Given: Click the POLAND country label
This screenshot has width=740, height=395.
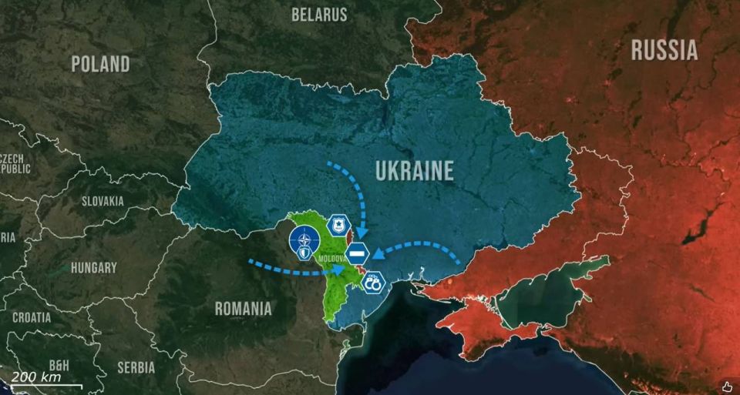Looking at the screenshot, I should coord(101,64).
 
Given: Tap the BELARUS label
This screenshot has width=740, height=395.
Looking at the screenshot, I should coord(319,15).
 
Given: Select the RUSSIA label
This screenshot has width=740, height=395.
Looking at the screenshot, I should coord(664,51).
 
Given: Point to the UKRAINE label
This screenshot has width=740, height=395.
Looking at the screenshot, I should coord(415,171).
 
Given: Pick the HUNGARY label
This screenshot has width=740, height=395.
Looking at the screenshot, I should coord(93,268).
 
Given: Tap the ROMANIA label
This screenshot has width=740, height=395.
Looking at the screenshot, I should coord(243,309).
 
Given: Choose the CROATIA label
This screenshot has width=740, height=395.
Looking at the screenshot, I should coord(32,316).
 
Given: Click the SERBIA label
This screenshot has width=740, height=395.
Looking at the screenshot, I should coord(136,367).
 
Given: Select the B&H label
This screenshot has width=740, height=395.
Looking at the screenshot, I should coord(59,365).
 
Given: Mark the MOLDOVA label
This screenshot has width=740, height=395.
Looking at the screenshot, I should coord(332,259).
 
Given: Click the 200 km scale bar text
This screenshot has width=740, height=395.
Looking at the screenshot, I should coord(35,377).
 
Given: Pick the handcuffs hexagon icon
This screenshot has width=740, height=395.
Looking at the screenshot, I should coord(373,282).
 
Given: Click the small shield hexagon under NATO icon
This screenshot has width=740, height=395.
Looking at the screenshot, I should coord(306,251).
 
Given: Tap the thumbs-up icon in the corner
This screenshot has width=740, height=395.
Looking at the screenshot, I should coord(727,385).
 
